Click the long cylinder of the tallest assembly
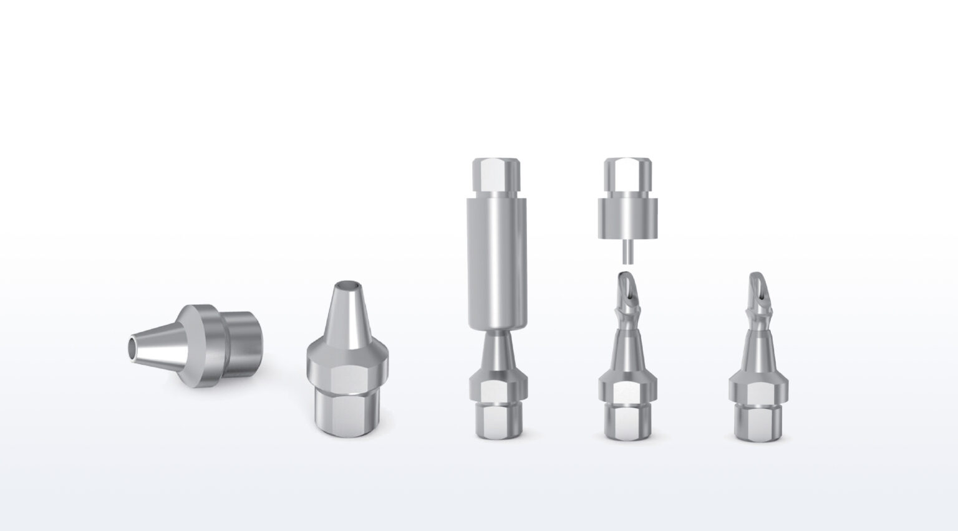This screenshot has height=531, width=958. coord(497,262)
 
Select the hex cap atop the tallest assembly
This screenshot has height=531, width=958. coord(497,175)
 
